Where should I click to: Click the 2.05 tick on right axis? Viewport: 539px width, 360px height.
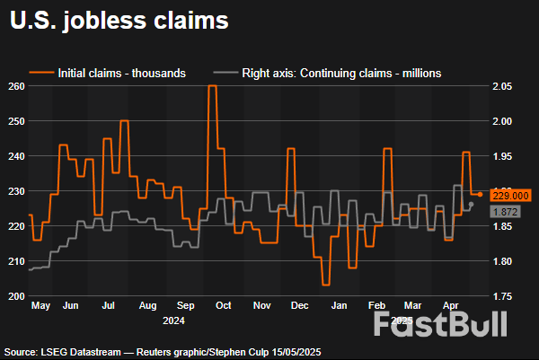point(502,86)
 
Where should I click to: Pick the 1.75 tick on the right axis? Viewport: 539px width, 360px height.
point(502,296)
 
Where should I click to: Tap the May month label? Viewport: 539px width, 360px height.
point(40,306)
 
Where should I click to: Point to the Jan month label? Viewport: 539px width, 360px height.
point(340,306)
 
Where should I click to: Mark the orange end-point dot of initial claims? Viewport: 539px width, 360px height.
point(480,194)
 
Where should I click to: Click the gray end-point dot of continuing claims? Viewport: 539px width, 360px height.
point(472,204)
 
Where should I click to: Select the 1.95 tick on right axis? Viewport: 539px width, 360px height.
point(502,156)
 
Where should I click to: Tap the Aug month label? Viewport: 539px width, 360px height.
point(149,306)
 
